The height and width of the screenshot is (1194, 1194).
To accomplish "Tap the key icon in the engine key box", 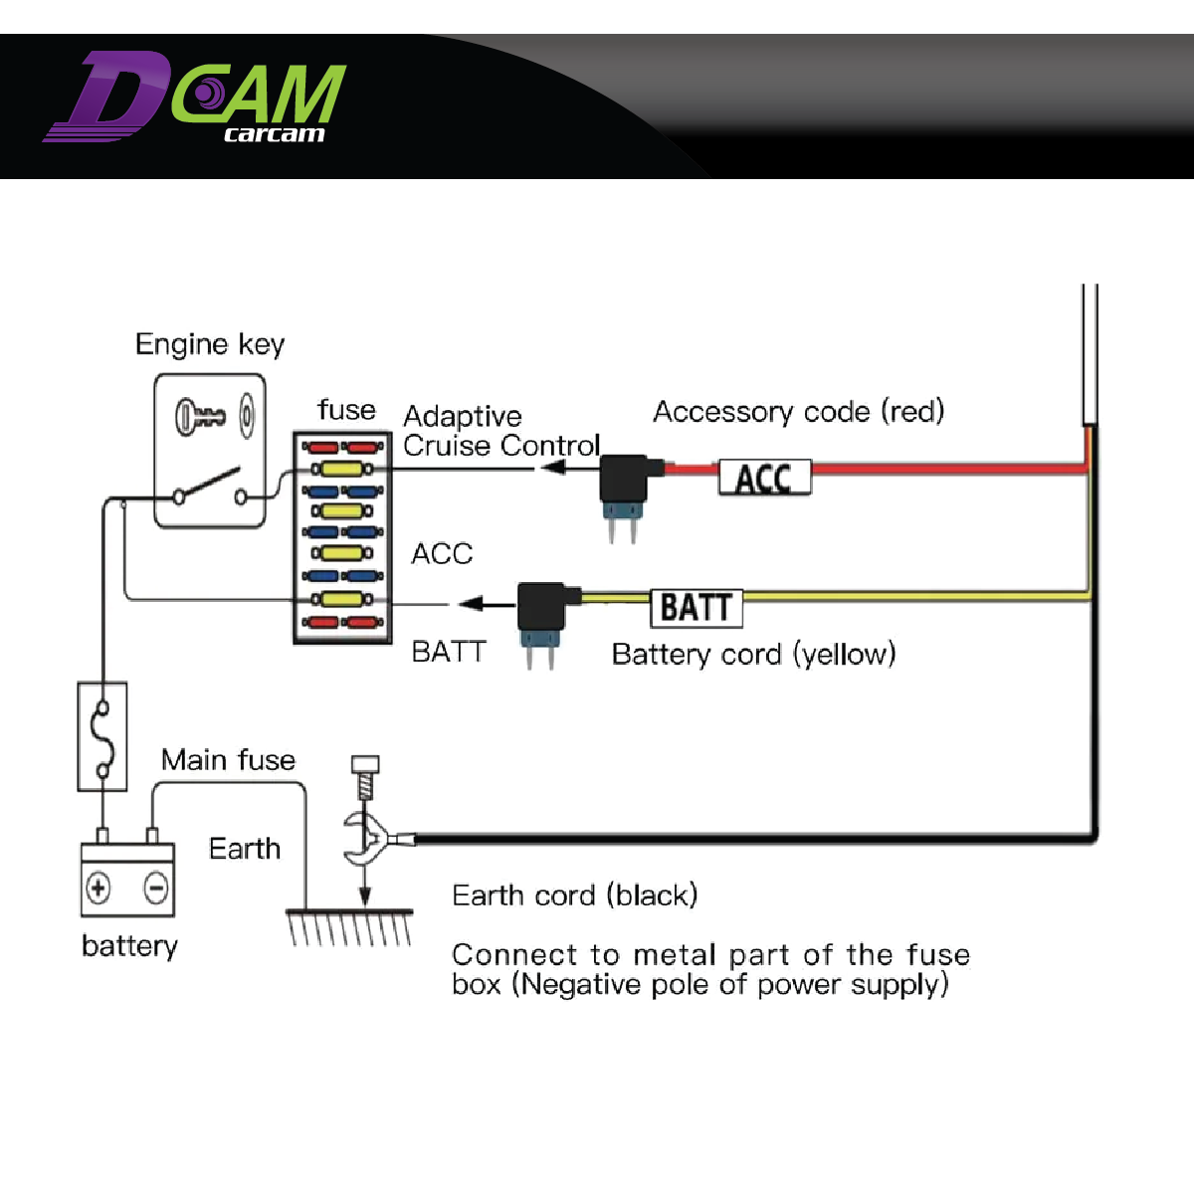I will coord(200,415).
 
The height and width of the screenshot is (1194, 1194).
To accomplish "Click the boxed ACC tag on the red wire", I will coord(764,479).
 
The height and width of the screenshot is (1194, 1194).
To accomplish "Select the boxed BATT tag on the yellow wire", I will coord(696,607).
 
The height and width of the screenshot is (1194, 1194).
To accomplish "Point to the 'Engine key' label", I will coord(210,344).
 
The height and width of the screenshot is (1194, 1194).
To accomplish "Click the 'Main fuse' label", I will coord(228,760).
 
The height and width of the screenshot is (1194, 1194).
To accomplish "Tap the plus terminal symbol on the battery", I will coord(99,887).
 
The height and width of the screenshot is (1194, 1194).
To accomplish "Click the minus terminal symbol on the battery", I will coord(156,887).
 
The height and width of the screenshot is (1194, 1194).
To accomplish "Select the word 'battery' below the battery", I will coord(129,945).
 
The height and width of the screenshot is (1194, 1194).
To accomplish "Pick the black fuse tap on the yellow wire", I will coord(542,607).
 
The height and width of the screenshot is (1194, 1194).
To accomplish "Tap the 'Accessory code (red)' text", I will coord(798,411).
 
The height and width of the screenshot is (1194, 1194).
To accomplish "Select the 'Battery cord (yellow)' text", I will coord(753,654).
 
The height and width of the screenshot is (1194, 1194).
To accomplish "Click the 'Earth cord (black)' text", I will coord(574,895).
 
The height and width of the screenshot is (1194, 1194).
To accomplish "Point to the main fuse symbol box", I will coord(102,736).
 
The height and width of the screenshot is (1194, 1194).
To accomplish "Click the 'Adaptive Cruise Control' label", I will coord(500,431).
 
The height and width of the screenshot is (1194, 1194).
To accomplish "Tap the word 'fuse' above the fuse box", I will coord(346,410).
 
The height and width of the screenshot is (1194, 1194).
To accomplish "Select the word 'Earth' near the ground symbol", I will coord(245,849).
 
